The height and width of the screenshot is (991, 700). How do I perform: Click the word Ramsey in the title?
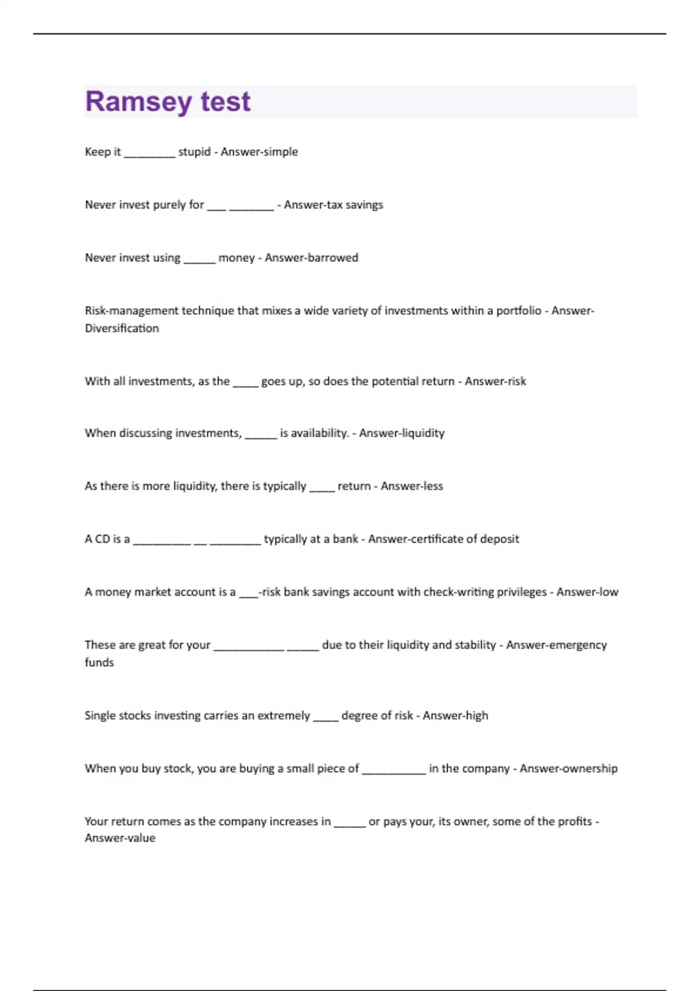138,102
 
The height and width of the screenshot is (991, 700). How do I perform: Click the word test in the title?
226,102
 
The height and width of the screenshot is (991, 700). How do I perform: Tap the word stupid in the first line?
194,152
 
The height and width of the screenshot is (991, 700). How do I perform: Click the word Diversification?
122,328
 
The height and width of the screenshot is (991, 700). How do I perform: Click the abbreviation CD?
102,539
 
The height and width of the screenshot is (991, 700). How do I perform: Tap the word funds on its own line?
99,663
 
